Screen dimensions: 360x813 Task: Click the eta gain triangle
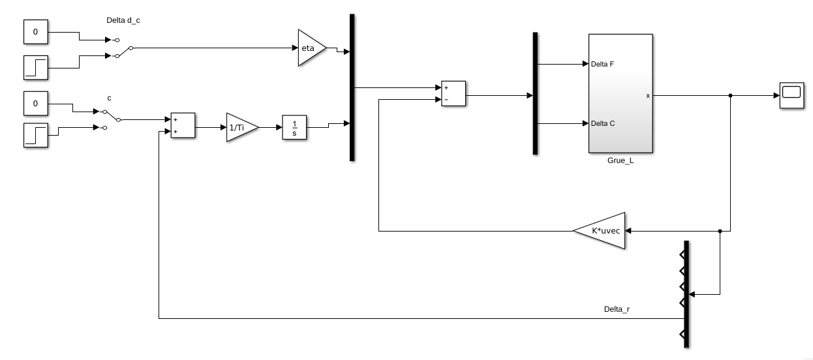pyautogui.click(x=309, y=48)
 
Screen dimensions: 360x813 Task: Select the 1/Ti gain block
pyautogui.click(x=239, y=128)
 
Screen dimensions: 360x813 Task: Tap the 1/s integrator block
pyautogui.click(x=294, y=128)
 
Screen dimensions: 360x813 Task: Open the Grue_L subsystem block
pyautogui.click(x=620, y=93)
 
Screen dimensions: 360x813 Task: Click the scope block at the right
pyautogui.click(x=791, y=95)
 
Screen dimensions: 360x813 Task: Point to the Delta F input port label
pyautogui.click(x=602, y=65)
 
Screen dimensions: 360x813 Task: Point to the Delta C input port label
pyautogui.click(x=602, y=123)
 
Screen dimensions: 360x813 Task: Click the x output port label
pyautogui.click(x=647, y=96)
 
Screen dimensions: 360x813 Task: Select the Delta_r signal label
pyautogui.click(x=617, y=308)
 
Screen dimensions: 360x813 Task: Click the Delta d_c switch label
pyautogui.click(x=123, y=20)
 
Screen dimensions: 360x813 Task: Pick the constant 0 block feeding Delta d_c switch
pyautogui.click(x=36, y=31)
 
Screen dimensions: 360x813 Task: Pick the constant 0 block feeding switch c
pyautogui.click(x=36, y=103)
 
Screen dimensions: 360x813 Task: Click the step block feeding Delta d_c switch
pyautogui.click(x=36, y=68)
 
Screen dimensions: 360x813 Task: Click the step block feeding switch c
pyautogui.click(x=36, y=135)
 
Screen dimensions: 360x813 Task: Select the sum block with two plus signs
pyautogui.click(x=182, y=126)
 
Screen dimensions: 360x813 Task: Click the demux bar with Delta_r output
pyautogui.click(x=686, y=293)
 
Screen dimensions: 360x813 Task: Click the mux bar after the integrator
pyautogui.click(x=352, y=87)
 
